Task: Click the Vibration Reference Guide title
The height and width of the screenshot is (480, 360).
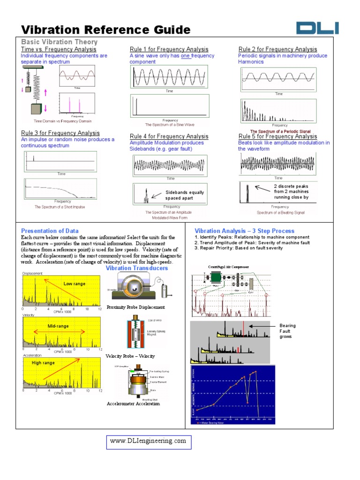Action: [106, 30]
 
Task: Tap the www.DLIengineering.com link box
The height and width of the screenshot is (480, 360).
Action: [148, 441]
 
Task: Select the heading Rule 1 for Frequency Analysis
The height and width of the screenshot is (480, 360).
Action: [169, 49]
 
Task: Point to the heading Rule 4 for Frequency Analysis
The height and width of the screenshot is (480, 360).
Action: [169, 136]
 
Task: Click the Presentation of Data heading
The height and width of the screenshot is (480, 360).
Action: [50, 231]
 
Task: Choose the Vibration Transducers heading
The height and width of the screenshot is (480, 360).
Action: [136, 268]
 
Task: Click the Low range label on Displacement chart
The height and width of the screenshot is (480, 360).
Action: [74, 284]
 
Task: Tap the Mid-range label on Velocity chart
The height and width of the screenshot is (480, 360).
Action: [58, 325]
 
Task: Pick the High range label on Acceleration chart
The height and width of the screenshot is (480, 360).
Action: [43, 363]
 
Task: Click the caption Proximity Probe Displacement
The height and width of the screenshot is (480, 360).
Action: [135, 307]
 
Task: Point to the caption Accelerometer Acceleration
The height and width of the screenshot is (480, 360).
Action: [133, 404]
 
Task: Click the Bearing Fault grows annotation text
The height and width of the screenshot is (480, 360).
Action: [287, 331]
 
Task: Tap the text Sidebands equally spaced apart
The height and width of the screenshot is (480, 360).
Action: [184, 195]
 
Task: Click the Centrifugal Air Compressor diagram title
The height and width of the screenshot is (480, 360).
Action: [229, 267]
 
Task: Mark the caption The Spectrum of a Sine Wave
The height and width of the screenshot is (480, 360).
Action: [169, 125]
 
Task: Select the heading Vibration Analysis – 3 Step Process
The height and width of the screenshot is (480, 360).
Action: [244, 231]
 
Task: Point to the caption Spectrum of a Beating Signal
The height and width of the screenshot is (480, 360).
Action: [280, 212]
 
